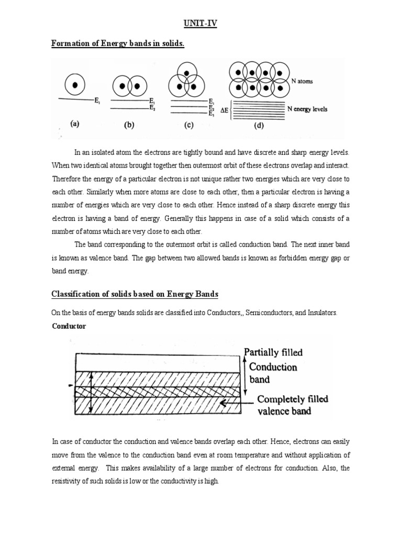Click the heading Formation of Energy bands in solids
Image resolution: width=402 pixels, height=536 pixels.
[118, 43]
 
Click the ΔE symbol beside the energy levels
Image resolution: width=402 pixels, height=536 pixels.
[224, 110]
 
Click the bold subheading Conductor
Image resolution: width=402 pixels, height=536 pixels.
[69, 326]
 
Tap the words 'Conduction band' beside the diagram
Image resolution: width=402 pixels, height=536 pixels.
[273, 372]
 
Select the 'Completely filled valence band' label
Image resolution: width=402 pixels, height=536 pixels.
[292, 405]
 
